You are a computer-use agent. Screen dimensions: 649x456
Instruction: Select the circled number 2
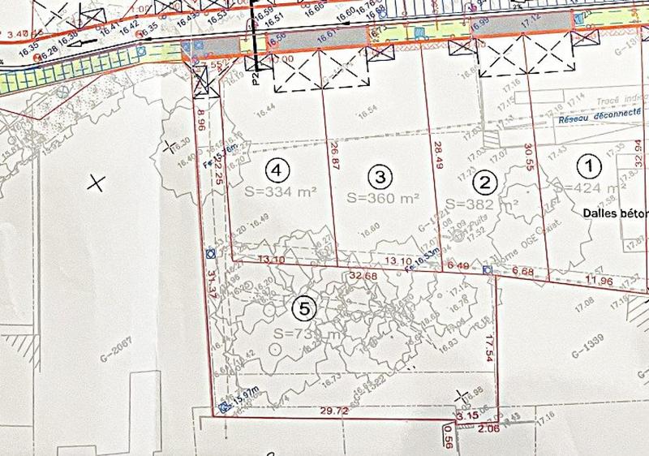(x=484, y=181)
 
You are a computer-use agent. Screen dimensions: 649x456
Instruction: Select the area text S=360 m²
(x=383, y=196)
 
